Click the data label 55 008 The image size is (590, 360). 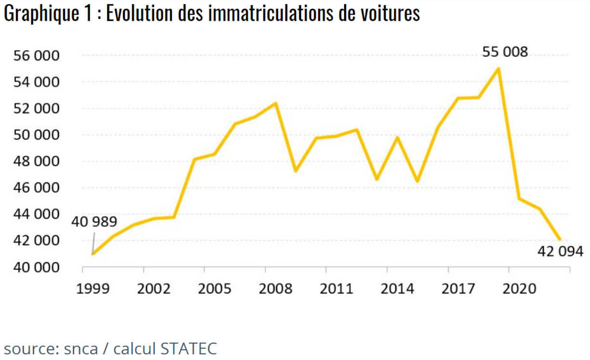[505, 52]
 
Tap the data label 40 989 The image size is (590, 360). [94, 222]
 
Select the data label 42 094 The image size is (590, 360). [560, 251]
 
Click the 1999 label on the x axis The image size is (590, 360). [93, 289]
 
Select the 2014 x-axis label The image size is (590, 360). [398, 289]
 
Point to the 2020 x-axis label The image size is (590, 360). [520, 289]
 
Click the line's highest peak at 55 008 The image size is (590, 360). [498, 68]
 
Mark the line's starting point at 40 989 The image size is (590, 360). [93, 253]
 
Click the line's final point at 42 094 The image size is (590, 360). [560, 240]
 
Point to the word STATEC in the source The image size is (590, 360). [188, 347]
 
